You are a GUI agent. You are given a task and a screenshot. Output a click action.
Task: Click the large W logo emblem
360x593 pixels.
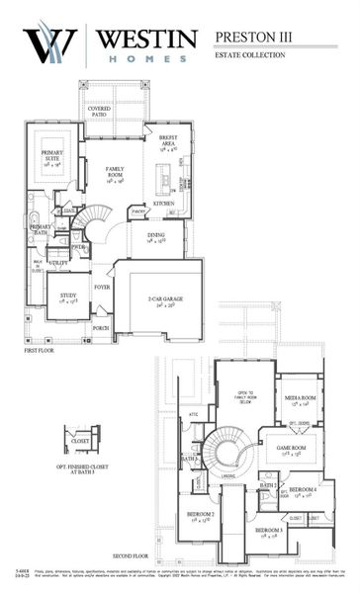pos(49,44)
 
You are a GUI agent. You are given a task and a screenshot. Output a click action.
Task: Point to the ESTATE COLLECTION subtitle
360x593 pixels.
pos(250,55)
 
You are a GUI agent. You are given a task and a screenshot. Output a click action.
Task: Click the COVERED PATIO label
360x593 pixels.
pos(99,112)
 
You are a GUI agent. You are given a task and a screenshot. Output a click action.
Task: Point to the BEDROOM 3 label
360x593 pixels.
pos(269,532)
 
